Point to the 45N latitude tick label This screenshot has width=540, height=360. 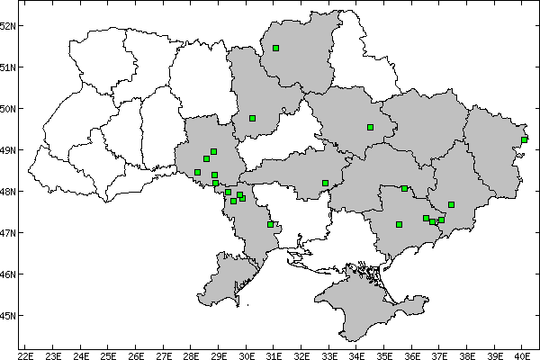[x=8, y=316]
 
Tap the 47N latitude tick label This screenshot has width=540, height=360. [x=8, y=233]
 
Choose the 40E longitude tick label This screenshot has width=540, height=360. [x=523, y=353]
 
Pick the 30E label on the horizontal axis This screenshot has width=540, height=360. [x=247, y=353]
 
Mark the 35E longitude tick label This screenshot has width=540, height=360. [x=384, y=353]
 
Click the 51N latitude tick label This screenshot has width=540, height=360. [x=8, y=67]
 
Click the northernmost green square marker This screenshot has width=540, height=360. [x=275, y=48]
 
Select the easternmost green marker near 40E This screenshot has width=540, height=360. [x=524, y=139]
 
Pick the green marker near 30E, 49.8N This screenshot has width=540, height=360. [x=253, y=118]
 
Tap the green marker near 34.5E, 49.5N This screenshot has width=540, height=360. [x=370, y=127]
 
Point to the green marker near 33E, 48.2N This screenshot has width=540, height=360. [x=325, y=183]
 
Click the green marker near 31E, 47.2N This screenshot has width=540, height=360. [x=270, y=224]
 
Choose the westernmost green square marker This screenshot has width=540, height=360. [x=197, y=172]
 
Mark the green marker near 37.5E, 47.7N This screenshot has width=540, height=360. [x=451, y=204]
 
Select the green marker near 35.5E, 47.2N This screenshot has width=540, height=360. [x=399, y=224]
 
